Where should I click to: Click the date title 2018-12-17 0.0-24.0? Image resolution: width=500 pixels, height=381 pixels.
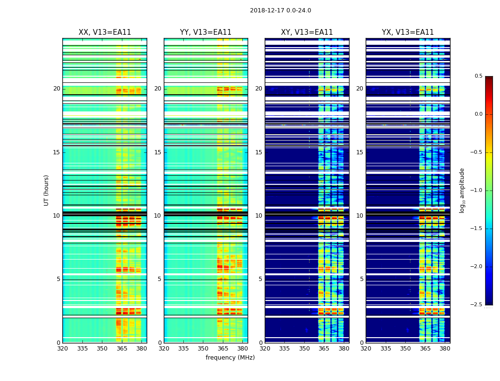pyautogui.click(x=280, y=10)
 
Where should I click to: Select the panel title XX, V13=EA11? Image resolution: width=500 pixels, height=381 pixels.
pyautogui.click(x=105, y=32)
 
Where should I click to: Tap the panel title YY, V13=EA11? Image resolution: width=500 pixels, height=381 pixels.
pyautogui.click(x=206, y=32)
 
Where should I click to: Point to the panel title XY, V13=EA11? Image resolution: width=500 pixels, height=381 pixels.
pyautogui.click(x=307, y=32)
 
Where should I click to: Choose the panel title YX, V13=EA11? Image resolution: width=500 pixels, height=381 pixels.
pyautogui.click(x=408, y=32)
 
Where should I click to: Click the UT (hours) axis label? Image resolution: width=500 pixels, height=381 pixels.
pyautogui.click(x=47, y=190)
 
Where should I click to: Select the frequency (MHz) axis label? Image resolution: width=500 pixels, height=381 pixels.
pyautogui.click(x=230, y=358)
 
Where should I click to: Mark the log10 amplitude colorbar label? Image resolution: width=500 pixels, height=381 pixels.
pyautogui.click(x=462, y=190)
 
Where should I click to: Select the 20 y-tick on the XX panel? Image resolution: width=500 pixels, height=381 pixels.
pyautogui.click(x=57, y=89)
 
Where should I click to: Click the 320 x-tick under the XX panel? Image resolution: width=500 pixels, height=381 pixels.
pyautogui.click(x=62, y=349)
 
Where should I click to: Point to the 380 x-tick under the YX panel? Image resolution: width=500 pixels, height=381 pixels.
pyautogui.click(x=445, y=349)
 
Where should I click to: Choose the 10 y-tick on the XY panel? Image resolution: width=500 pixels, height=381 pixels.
pyautogui.click(x=259, y=216)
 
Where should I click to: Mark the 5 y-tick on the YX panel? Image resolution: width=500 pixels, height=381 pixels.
pyautogui.click(x=362, y=279)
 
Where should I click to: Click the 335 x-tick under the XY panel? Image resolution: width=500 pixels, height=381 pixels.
pyautogui.click(x=285, y=349)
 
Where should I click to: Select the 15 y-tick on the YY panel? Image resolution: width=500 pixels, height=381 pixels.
pyautogui.click(x=158, y=152)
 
